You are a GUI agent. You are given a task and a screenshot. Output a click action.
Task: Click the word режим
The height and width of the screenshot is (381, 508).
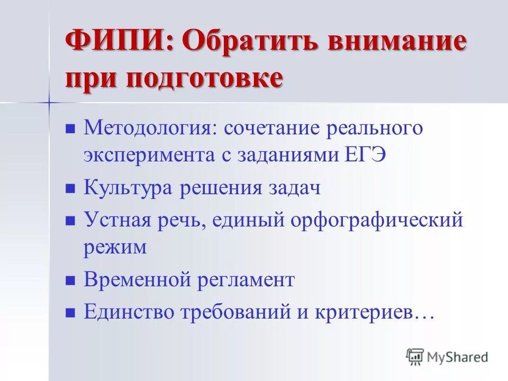tap(115, 247)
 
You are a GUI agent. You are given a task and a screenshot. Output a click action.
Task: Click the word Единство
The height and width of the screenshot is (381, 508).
tap(130, 312)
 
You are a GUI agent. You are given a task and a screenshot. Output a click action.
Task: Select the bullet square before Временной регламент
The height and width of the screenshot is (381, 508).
tap(69, 280)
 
